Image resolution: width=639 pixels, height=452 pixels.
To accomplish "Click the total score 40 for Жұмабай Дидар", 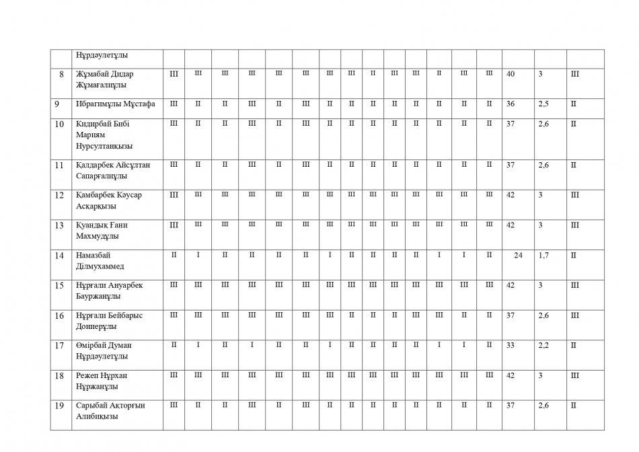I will point(511,73).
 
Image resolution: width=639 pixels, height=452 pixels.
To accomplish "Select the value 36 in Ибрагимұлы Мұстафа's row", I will point(511,104).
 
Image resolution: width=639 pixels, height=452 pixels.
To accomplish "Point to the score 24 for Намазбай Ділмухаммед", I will point(518,255).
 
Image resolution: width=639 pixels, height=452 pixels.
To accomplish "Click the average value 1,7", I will point(543,255).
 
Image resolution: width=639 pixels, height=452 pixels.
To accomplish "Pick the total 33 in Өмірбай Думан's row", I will point(511,344).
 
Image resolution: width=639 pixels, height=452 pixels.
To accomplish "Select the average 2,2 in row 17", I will point(544,344).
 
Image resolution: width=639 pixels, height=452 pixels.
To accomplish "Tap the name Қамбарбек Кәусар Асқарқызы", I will point(109,200).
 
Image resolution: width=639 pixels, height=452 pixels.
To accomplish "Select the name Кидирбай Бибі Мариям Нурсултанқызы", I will point(104,135).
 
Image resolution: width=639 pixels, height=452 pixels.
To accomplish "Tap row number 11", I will point(59,165).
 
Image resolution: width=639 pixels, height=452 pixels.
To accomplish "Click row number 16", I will point(59,315).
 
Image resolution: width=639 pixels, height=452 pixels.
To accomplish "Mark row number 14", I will point(59,255).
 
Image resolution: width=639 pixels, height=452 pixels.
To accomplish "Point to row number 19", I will point(59,405).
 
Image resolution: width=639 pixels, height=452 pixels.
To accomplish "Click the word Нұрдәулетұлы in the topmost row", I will point(102,55).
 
